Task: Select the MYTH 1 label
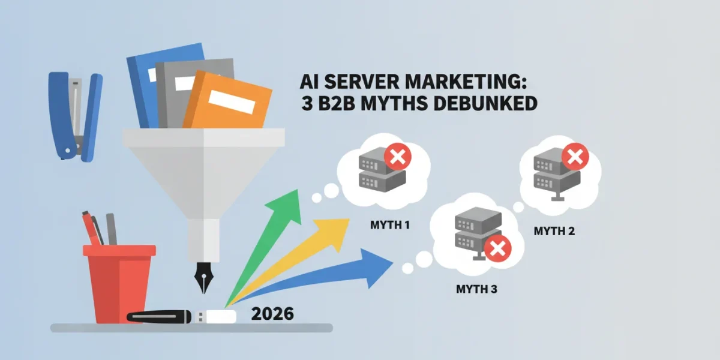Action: (390, 225)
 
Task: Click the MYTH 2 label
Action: (554, 231)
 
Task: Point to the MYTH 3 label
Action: (476, 289)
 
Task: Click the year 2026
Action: (272, 314)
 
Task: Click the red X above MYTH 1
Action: (398, 157)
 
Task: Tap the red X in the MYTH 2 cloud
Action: (575, 157)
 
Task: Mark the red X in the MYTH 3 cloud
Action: (497, 248)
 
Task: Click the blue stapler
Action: (76, 116)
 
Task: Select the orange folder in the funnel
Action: (227, 100)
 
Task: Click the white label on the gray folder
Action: (184, 83)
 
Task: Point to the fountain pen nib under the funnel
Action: (203, 277)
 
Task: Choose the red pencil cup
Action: (119, 283)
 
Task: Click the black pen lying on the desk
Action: (159, 316)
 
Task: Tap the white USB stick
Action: (215, 317)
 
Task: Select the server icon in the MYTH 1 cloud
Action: (382, 170)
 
